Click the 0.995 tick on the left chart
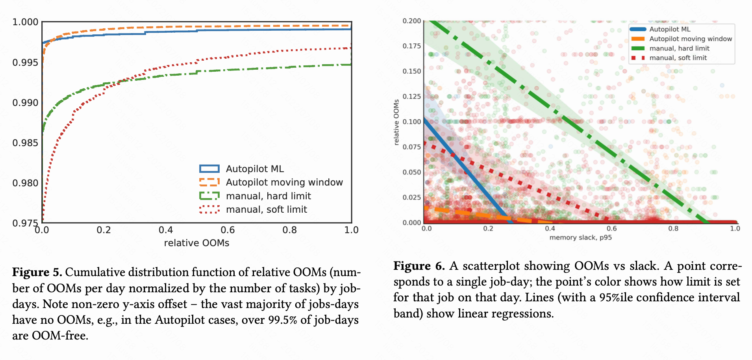tap(25, 62)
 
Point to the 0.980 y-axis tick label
tap(25, 183)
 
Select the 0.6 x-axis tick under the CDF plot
tap(228, 230)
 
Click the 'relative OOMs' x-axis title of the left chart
tap(196, 243)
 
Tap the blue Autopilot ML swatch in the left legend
tap(209, 169)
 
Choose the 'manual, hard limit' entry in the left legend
tap(268, 196)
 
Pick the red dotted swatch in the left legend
tap(209, 210)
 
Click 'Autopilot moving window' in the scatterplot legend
tap(690, 39)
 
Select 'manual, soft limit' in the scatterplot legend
tap(678, 58)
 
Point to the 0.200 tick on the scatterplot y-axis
tap(411, 21)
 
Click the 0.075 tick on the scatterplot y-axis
tap(411, 147)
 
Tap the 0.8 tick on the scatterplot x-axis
tap(673, 228)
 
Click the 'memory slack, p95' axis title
tap(580, 238)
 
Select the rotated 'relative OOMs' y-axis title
tap(396, 122)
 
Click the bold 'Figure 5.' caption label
tap(37, 272)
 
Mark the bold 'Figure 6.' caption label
tap(419, 266)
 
